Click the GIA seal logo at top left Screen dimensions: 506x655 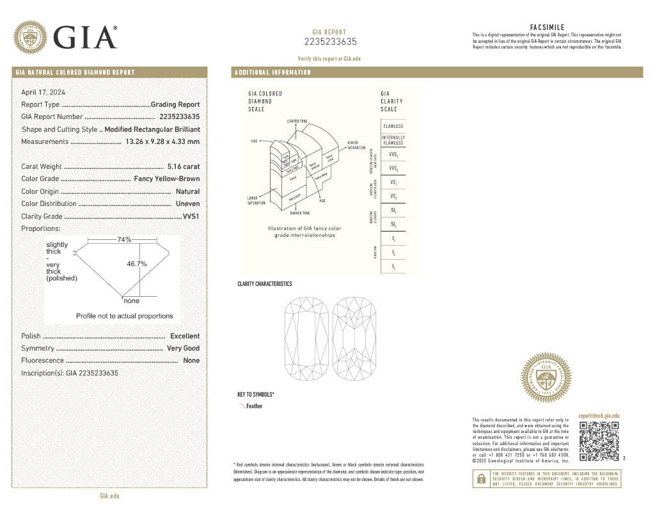click(30, 37)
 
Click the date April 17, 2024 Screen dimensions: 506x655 click(43, 92)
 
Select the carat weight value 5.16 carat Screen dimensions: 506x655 click(183, 166)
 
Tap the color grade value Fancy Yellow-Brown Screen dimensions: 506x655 click(166, 179)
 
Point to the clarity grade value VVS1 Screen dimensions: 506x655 click(191, 216)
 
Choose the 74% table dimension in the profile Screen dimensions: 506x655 click(124, 240)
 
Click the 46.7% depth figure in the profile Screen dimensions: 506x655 click(137, 264)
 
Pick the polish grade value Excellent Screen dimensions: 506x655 click(184, 336)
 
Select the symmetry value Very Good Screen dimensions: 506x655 click(183, 348)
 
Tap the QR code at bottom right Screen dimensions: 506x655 click(599, 441)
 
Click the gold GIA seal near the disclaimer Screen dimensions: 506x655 click(546, 377)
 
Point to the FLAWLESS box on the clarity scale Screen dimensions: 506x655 click(393, 126)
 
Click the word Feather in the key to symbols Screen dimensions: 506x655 click(254, 406)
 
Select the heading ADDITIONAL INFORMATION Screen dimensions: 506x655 click(272, 73)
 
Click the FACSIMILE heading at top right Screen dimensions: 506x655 click(548, 27)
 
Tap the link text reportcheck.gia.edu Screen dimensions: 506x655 click(599, 416)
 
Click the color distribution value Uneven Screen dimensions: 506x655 click(187, 203)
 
